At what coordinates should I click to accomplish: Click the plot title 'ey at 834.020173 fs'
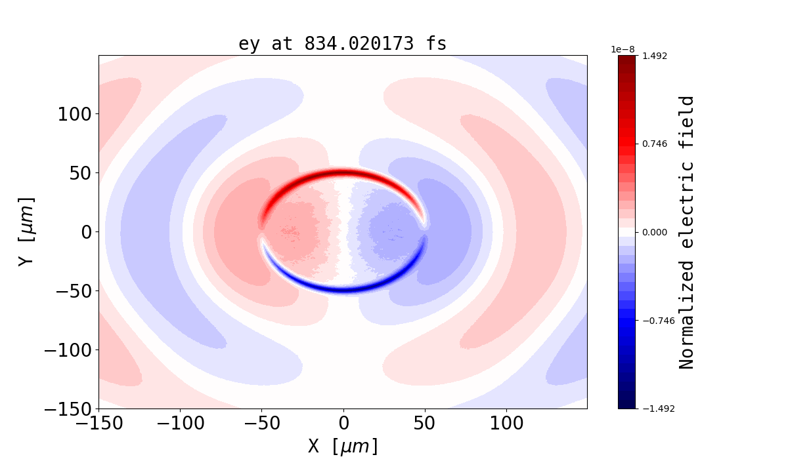[x=342, y=44]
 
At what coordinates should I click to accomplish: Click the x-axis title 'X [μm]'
[x=343, y=447]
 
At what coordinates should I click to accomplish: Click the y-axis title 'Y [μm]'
[x=26, y=231]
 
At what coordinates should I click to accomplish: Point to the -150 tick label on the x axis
[x=99, y=424]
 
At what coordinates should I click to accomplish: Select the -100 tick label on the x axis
[x=181, y=424]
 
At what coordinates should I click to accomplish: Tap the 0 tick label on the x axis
[x=343, y=424]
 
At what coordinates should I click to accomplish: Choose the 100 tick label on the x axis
[x=506, y=424]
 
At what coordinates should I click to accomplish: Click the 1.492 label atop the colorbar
[x=654, y=56]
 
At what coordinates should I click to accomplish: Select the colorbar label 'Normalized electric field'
[x=686, y=232]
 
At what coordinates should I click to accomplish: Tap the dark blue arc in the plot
[x=343, y=289]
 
